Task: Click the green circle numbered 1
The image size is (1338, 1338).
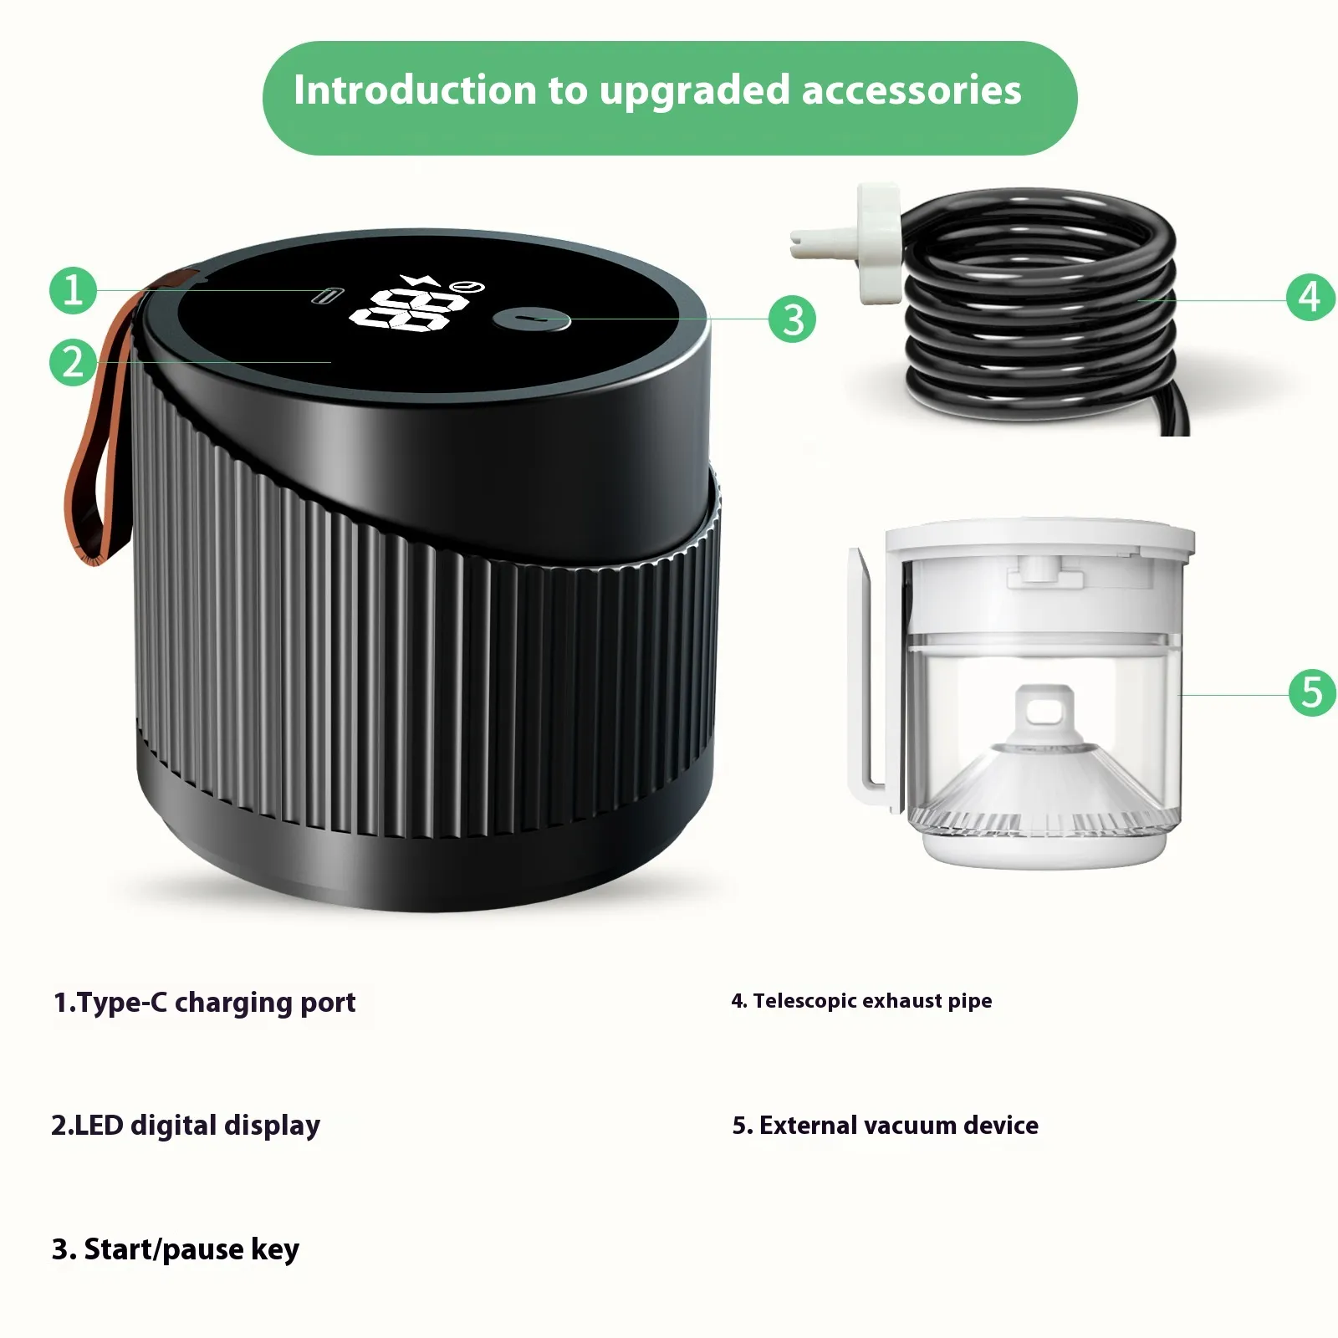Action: pos(74,290)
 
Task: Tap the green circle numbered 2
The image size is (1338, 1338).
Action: pos(74,362)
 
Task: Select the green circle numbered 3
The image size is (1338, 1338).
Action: pos(793,319)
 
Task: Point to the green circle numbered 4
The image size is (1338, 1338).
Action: pos(1310,297)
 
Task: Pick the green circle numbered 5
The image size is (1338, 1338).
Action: pos(1312,692)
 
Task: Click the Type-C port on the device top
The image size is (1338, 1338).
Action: pos(327,295)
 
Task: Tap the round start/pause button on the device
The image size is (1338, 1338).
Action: pos(532,319)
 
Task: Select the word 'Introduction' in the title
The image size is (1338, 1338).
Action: pos(414,89)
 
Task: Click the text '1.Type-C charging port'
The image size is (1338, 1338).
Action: pos(204,1003)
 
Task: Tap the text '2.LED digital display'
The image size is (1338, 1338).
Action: pos(186,1126)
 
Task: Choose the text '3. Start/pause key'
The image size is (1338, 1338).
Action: pos(176,1249)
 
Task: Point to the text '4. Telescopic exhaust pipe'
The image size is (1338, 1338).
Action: pos(861,1001)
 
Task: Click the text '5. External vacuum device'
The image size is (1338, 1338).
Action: pos(886,1126)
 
